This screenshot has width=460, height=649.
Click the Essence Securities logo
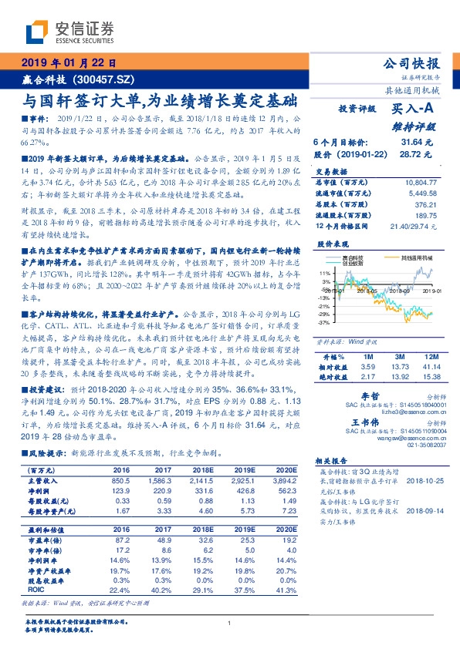coord(69,32)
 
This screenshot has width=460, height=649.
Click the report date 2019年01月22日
coord(67,62)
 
